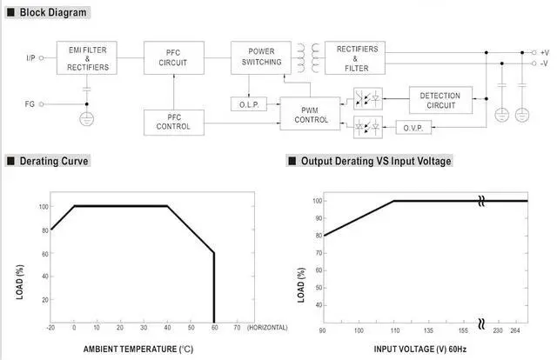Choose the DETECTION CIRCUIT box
440,99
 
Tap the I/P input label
31,57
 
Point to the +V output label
545,52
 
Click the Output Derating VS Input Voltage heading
374,161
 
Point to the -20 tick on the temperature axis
51,328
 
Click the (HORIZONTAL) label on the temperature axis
266,328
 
